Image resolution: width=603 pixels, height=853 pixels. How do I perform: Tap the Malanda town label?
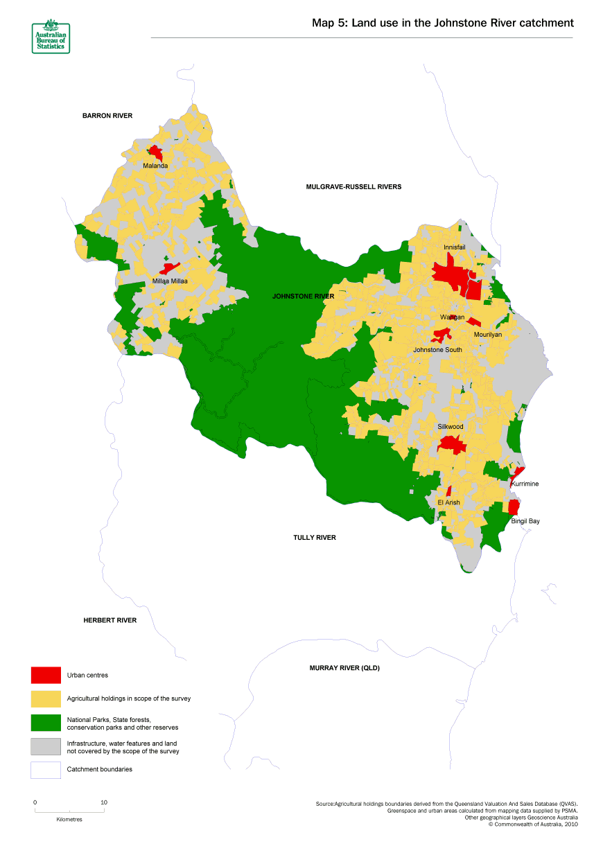pos(155,166)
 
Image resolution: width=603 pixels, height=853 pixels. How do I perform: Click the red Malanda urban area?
pos(155,152)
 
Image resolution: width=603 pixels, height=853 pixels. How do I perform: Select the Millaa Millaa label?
pos(170,281)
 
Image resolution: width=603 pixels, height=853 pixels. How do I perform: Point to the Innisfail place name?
pos(455,247)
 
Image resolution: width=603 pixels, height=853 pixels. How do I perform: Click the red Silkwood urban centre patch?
pos(452,443)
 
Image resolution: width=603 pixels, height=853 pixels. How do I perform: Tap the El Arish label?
pos(448,502)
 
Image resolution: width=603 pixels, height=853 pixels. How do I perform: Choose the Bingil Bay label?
pos(525,520)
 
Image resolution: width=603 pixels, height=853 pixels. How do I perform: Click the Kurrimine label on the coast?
pos(525,484)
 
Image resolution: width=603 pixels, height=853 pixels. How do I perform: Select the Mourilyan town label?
pos(487,334)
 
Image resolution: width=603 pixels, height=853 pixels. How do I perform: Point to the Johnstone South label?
pos(437,350)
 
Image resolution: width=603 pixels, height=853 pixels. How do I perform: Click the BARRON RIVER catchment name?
pos(107,116)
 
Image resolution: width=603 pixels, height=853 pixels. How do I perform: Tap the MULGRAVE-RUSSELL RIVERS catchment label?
pos(353,186)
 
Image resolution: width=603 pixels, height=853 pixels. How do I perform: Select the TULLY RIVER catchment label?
pos(315,537)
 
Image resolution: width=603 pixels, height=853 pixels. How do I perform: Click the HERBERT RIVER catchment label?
pos(110,620)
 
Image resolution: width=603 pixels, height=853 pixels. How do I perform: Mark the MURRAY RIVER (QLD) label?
pos(344,668)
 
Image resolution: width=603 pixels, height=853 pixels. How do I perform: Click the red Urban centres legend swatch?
pos(46,675)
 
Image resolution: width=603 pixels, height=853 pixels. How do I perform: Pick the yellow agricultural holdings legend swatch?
pos(46,698)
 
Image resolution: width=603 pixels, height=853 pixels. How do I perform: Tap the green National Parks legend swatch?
pos(46,723)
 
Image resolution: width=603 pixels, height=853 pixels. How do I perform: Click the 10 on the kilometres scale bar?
pos(104,802)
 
